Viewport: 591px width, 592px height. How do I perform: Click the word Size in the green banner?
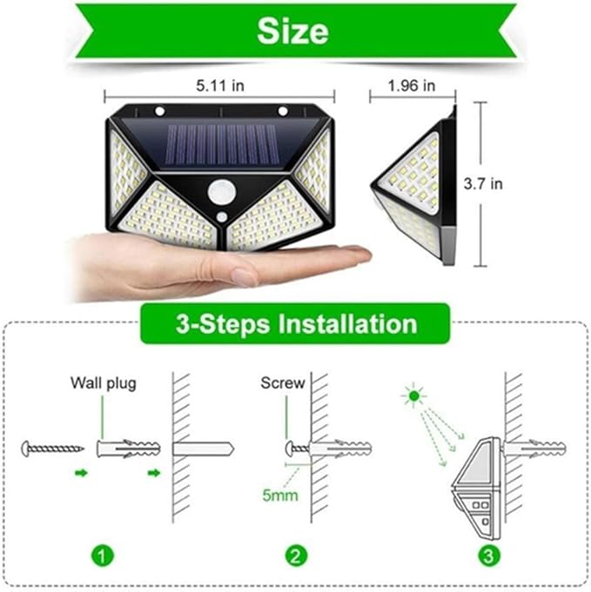click(x=292, y=30)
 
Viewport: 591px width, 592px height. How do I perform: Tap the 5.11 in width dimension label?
click(x=218, y=86)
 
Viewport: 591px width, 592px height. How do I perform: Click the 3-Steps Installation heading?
click(x=296, y=324)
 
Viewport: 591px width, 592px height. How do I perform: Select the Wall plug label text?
click(x=104, y=382)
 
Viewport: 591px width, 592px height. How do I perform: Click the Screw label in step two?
click(x=283, y=382)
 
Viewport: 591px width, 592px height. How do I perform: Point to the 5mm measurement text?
click(x=279, y=496)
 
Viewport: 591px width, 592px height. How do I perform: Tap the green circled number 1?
click(x=102, y=553)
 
